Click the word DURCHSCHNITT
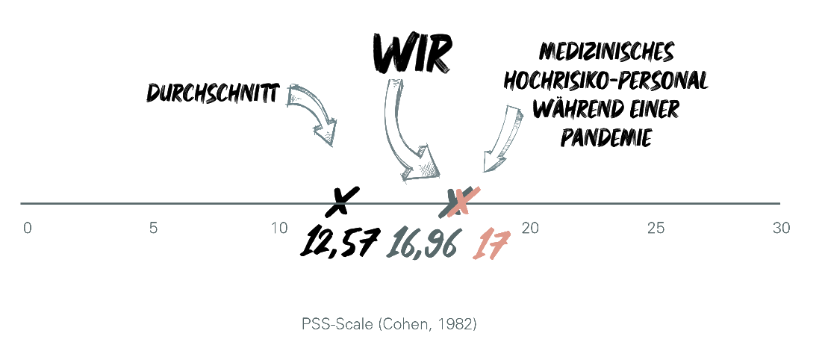coord(214,94)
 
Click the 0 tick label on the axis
coord(28,229)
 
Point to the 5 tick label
coord(153,229)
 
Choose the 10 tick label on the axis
coord(278,229)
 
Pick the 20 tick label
coord(530,229)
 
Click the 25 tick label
coord(656,229)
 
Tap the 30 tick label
coord(781,229)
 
